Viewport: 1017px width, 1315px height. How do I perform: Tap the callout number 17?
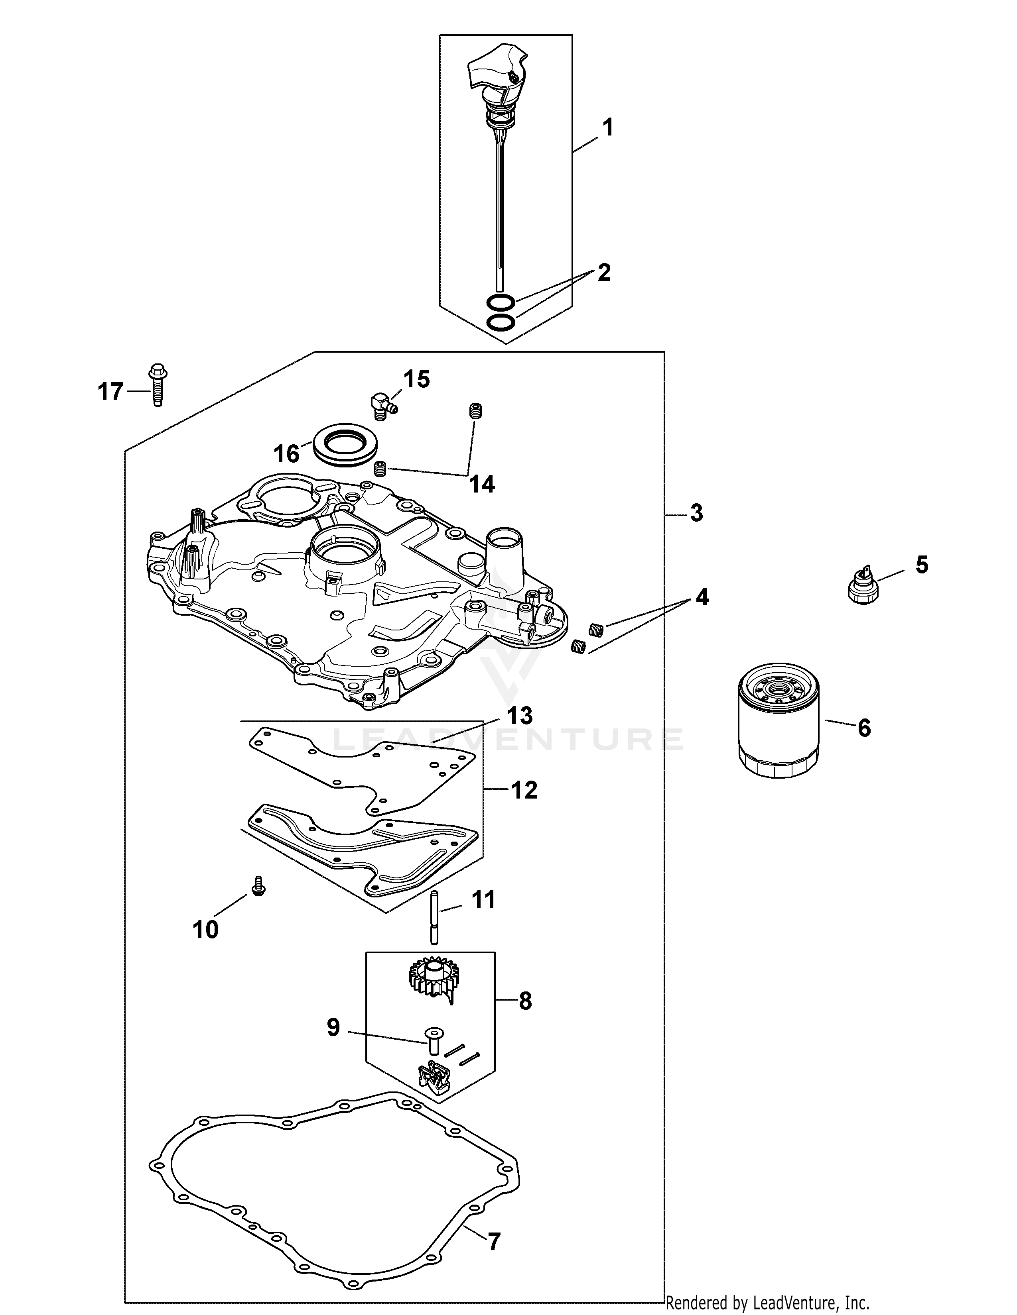coord(110,392)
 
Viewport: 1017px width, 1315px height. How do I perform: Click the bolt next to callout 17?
coord(157,385)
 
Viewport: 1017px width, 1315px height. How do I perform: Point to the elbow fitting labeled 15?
coord(381,402)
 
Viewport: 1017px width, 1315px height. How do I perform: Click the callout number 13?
coord(519,716)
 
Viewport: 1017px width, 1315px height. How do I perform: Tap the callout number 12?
coord(524,790)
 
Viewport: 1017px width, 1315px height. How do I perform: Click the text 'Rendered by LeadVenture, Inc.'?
coord(767,1303)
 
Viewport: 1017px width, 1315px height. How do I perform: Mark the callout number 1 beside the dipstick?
coord(608,128)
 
